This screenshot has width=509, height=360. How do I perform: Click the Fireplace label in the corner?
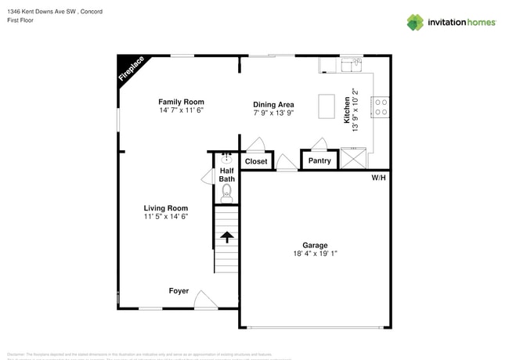click(131, 69)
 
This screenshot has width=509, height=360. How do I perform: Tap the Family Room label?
click(181, 102)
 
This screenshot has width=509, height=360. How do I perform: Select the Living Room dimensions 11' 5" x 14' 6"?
click(165, 216)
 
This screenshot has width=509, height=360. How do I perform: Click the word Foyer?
click(179, 290)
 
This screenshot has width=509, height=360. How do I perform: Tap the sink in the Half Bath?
click(226, 157)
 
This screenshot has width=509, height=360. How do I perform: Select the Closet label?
click(256, 161)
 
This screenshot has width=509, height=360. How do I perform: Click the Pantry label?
click(319, 161)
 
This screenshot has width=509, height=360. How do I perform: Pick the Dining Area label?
click(273, 105)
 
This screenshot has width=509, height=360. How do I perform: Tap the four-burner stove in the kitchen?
click(381, 106)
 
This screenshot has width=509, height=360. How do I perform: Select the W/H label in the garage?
click(378, 178)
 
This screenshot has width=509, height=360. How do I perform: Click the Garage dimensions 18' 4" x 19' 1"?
click(315, 254)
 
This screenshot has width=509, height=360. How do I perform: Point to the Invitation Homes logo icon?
click(414, 22)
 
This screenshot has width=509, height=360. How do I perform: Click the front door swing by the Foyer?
click(205, 299)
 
